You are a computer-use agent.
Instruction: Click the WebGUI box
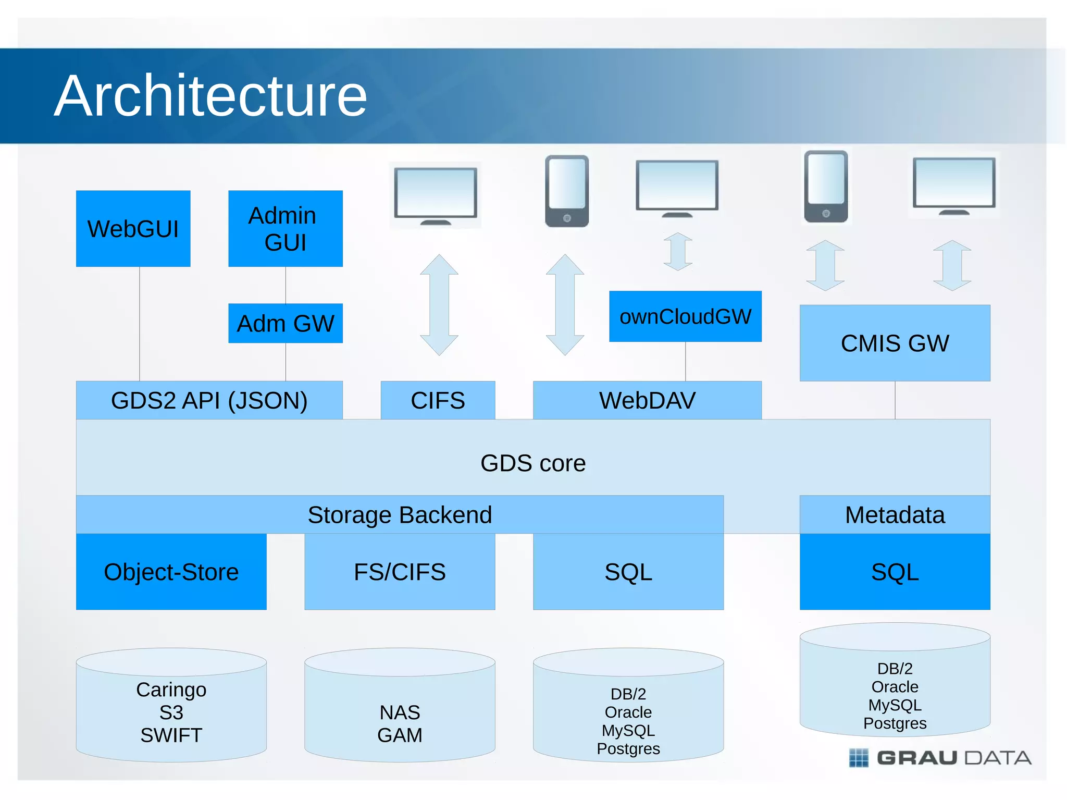tap(133, 229)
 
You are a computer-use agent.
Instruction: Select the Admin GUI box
tap(285, 229)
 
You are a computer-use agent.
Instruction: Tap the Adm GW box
tap(285, 323)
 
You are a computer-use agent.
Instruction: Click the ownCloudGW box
tap(685, 316)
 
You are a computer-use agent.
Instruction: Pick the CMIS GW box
tap(895, 343)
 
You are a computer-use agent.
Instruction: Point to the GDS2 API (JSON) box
tap(209, 400)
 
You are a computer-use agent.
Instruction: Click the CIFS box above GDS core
tap(438, 400)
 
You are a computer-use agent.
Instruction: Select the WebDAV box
tap(647, 400)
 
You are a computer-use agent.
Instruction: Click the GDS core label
tap(533, 463)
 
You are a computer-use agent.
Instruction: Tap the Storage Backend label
tap(400, 515)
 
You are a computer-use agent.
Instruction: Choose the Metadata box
tap(895, 515)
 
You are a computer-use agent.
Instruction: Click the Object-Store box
tap(171, 572)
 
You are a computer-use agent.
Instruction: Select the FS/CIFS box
tap(400, 572)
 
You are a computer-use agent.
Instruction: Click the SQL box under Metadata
tap(895, 572)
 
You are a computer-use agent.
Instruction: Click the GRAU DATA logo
tap(940, 758)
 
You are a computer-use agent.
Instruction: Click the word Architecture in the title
tap(210, 96)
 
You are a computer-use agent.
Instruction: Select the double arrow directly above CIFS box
tap(439, 305)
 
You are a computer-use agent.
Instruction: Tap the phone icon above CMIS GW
tap(826, 186)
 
